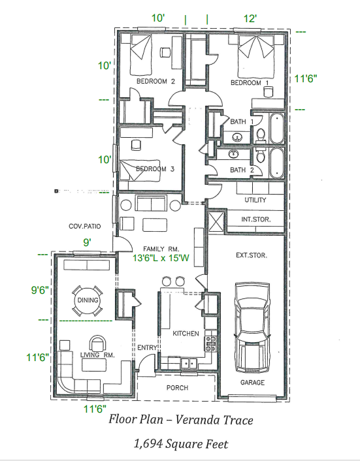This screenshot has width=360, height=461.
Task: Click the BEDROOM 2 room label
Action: (155, 82)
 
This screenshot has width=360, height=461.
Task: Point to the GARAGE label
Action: (254, 383)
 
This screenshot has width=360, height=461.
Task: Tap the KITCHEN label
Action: (186, 334)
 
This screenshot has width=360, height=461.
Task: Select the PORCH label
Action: (177, 388)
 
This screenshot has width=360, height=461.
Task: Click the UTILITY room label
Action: (255, 200)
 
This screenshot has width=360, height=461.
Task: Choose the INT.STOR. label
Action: (255, 220)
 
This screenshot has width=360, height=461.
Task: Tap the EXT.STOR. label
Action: (251, 255)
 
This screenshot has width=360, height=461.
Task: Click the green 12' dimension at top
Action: (252, 19)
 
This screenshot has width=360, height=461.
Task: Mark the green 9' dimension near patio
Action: (86, 243)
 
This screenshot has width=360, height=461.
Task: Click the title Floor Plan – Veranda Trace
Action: (180, 419)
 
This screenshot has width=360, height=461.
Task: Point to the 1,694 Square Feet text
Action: (180, 444)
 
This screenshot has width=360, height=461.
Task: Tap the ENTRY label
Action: (146, 347)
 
